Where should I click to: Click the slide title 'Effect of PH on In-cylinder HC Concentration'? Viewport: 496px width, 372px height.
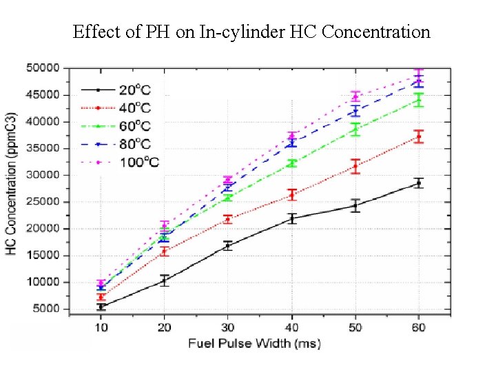[x=251, y=32]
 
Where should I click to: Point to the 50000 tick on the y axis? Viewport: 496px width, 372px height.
[x=42, y=68]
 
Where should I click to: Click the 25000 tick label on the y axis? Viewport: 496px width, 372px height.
[x=42, y=202]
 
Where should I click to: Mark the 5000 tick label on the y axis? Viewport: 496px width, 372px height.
[x=45, y=309]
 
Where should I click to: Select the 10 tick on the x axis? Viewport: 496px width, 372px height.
[x=101, y=327]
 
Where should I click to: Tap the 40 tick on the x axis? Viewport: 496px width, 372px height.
[x=292, y=327]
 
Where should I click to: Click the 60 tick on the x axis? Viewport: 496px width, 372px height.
[x=418, y=327]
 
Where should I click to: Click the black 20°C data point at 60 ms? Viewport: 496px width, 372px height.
[x=418, y=183]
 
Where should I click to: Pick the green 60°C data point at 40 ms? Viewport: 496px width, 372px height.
[x=292, y=163]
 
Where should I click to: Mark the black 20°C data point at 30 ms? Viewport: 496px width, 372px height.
[x=228, y=245]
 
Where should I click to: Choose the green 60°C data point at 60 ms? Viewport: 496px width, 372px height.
[x=418, y=100]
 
